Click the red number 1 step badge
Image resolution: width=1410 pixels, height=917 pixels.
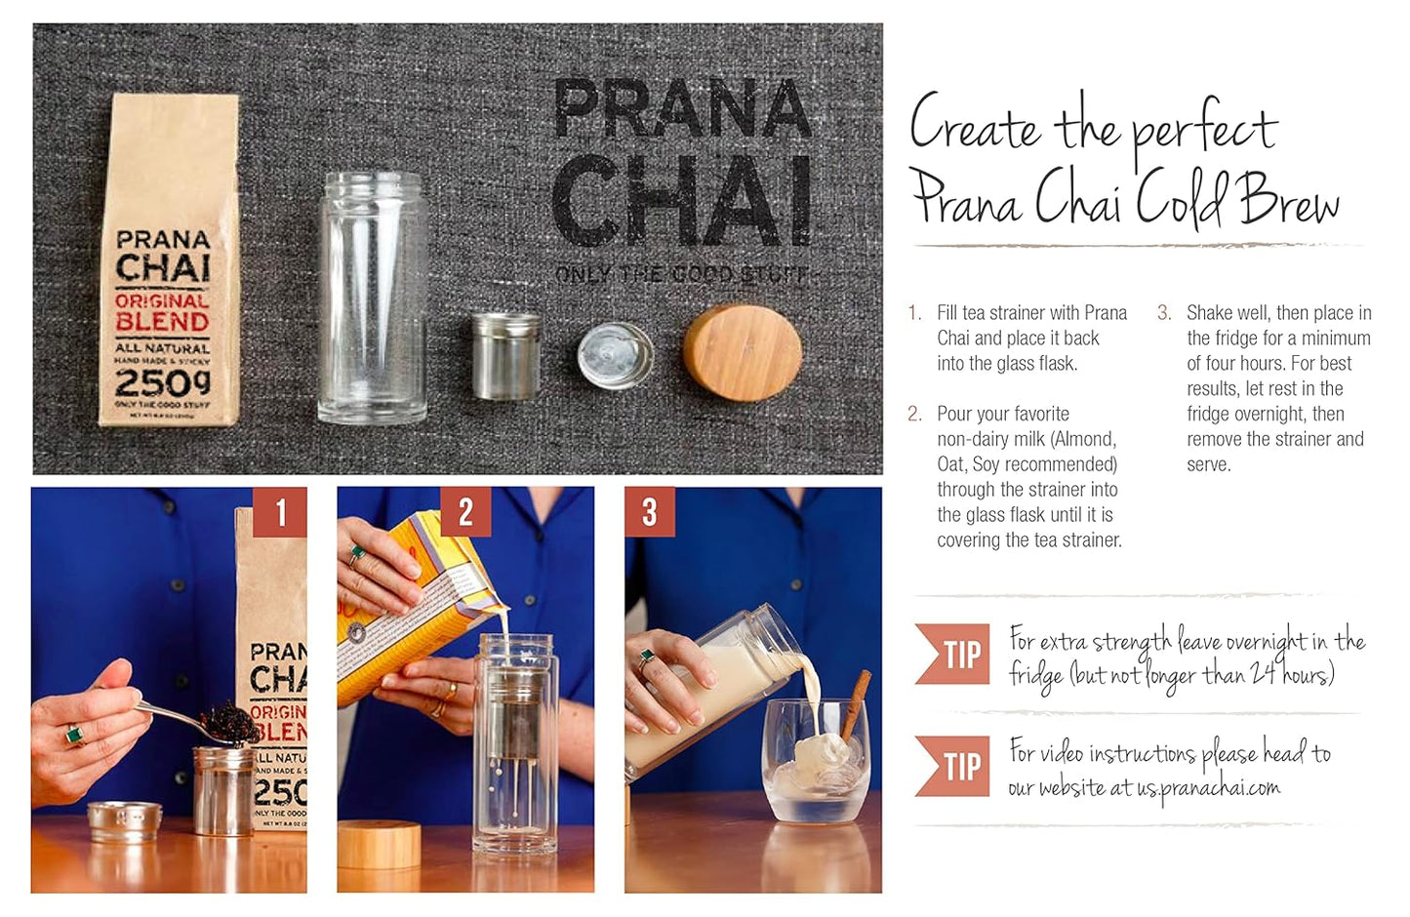click(x=280, y=512)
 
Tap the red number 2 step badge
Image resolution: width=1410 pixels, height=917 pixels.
click(x=465, y=512)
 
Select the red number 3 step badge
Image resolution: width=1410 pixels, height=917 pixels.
click(x=650, y=512)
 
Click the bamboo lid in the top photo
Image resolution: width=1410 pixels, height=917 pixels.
click(x=743, y=352)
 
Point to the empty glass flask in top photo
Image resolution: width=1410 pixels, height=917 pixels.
click(x=372, y=298)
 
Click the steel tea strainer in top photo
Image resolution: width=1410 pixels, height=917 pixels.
click(x=504, y=355)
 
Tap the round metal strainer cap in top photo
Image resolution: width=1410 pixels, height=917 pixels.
click(x=615, y=356)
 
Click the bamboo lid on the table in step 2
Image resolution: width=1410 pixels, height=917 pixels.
click(x=379, y=844)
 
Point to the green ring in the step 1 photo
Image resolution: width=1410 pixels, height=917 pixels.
click(x=73, y=734)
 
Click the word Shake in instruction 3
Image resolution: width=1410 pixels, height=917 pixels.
click(x=1209, y=313)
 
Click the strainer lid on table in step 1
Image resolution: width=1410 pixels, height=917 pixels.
click(x=124, y=820)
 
